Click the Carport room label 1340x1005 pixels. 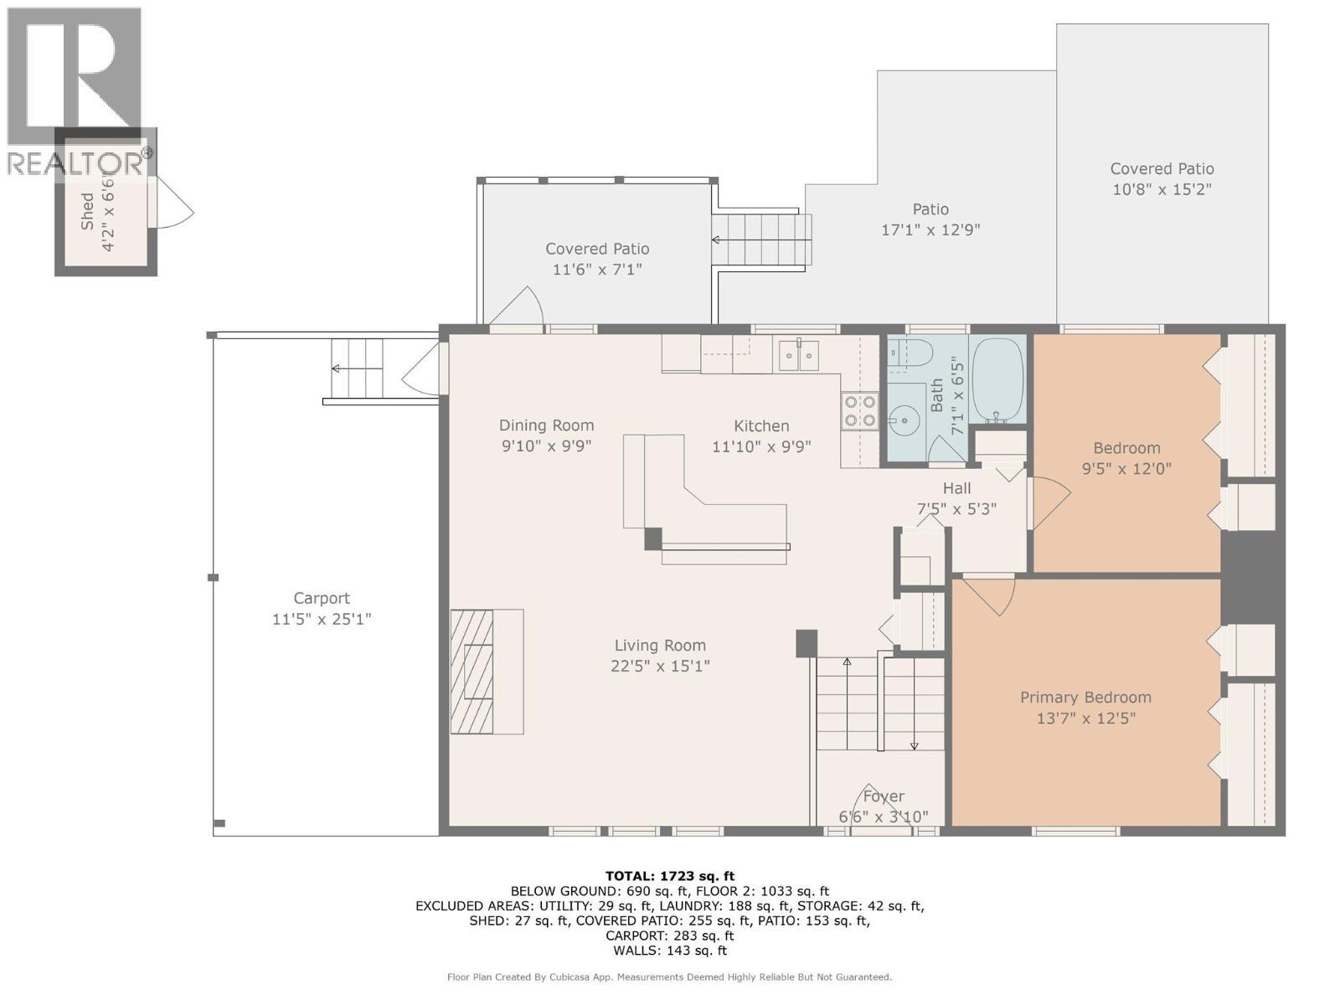[x=322, y=598]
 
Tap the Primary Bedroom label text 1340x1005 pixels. [x=1085, y=697]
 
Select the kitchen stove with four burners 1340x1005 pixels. [x=859, y=411]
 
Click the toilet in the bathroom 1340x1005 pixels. [x=908, y=353]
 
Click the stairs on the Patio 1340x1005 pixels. [x=762, y=240]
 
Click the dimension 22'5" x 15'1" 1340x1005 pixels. [x=660, y=667]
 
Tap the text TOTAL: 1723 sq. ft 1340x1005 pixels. [x=670, y=876]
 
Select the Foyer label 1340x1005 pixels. [x=884, y=796]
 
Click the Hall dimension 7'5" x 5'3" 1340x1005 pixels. [x=956, y=508]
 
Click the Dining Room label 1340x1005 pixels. [x=546, y=425]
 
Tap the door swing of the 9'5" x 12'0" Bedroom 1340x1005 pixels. [x=1050, y=502]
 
